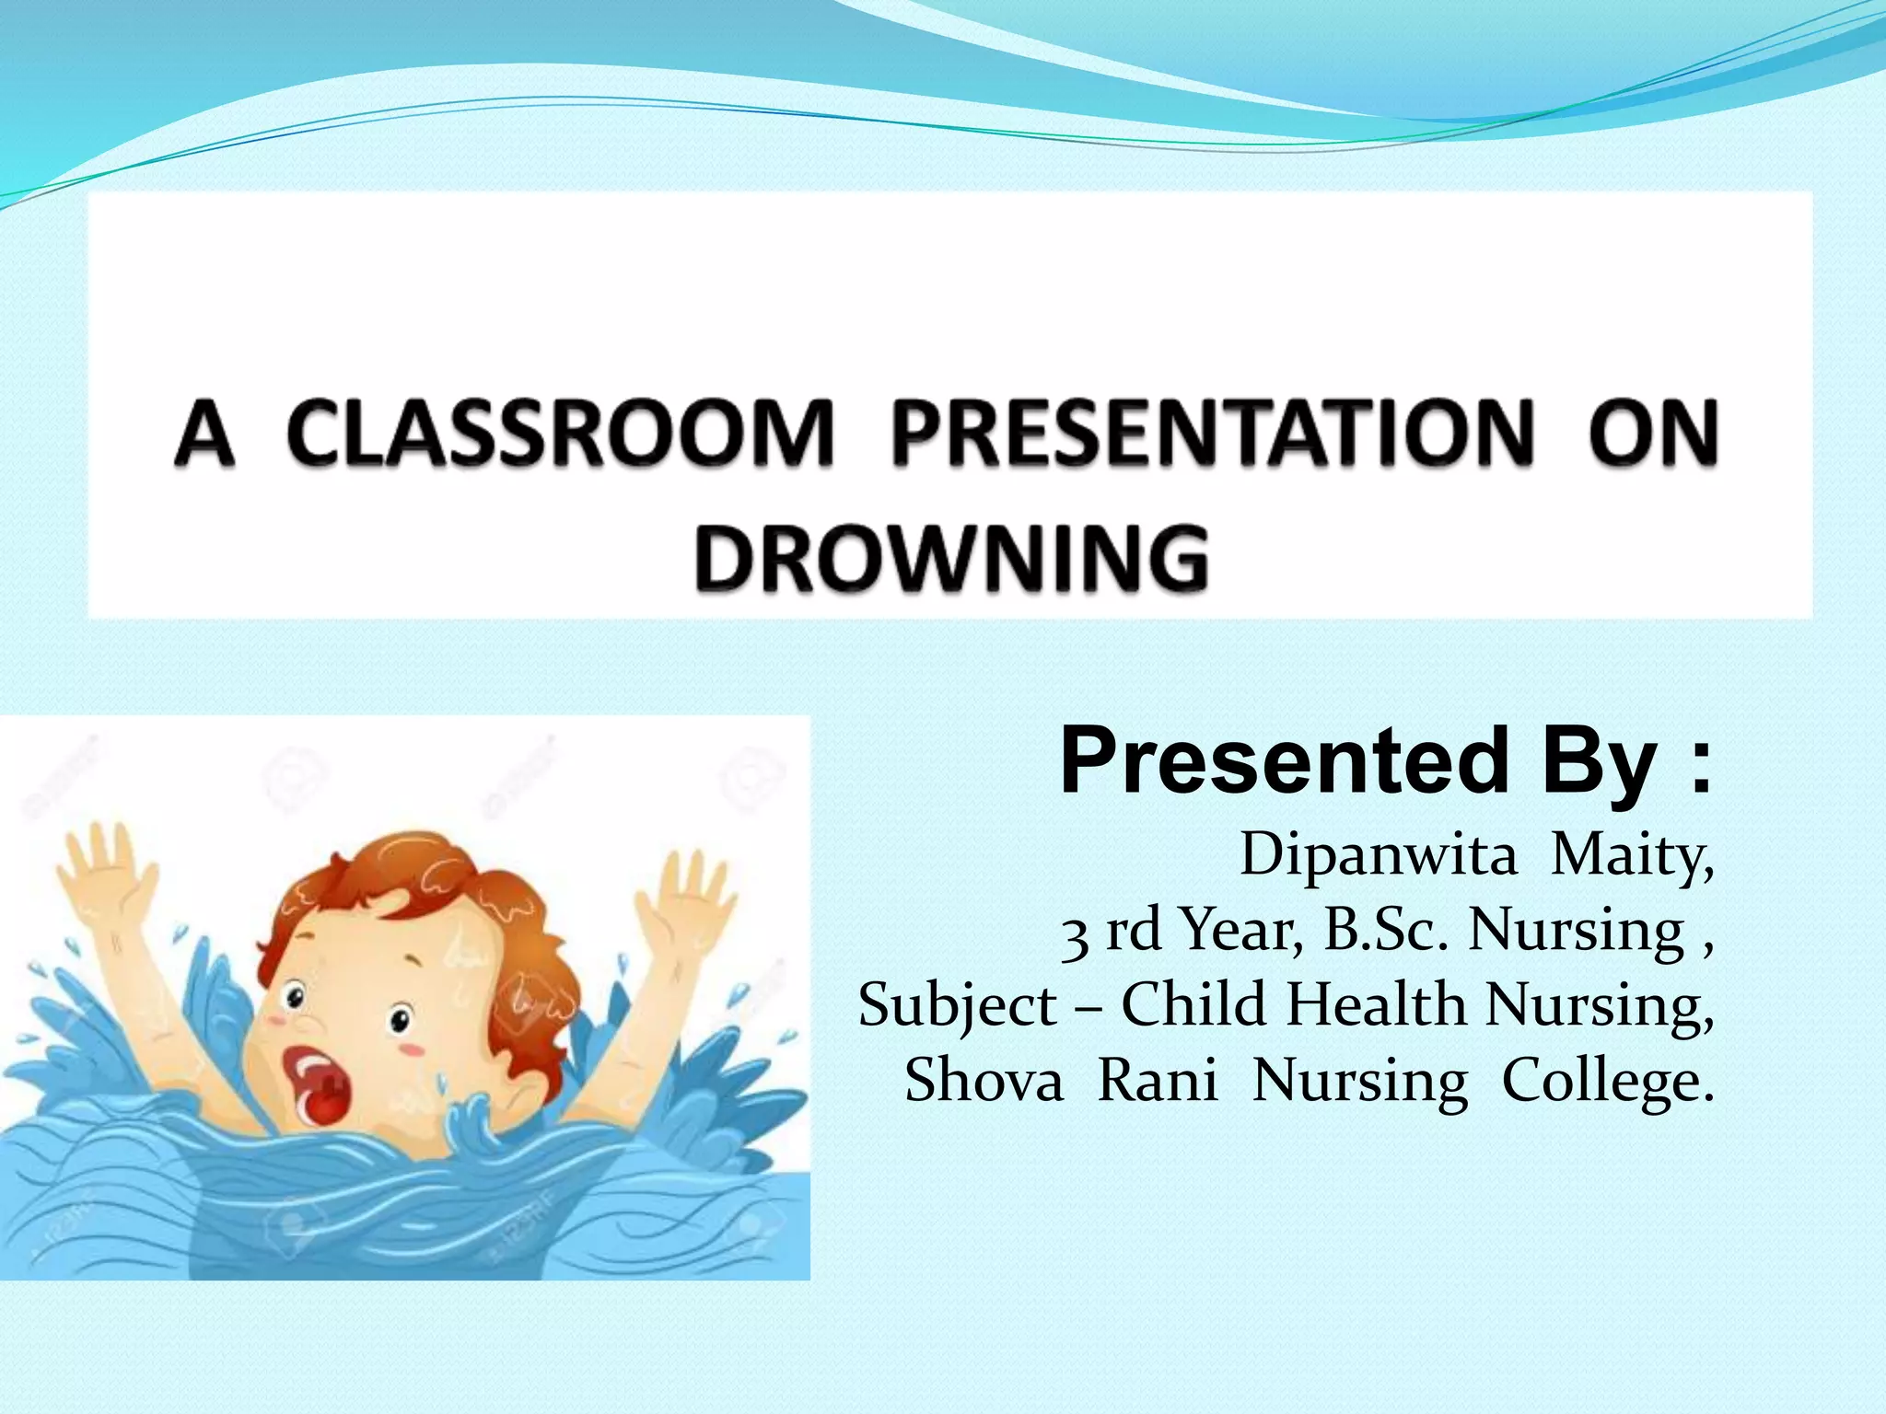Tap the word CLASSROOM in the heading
click(x=559, y=433)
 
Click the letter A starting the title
click(x=204, y=433)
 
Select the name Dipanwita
click(x=1378, y=854)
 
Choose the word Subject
click(x=958, y=1006)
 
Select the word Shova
click(x=984, y=1080)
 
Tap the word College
click(x=1608, y=1082)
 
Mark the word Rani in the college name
click(x=1158, y=1080)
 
